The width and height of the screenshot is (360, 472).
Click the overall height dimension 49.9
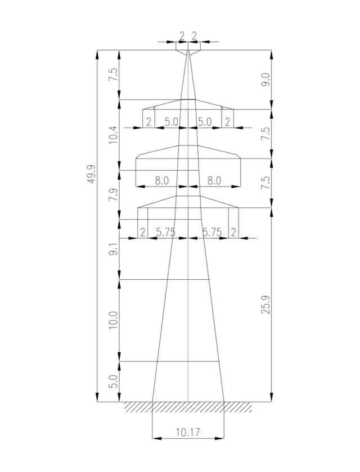pos(92,174)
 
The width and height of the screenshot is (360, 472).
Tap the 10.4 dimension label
pos(113,134)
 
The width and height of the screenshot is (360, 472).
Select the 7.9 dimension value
pos(113,195)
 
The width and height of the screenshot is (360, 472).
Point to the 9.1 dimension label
pos(113,249)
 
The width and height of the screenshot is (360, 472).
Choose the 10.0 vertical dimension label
pos(113,320)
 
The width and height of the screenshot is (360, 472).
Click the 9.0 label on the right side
pos(265,80)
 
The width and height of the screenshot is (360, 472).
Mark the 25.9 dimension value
pos(265,305)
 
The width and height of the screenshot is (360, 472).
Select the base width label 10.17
pos(188,433)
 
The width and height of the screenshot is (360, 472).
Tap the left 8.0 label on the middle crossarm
pos(162,181)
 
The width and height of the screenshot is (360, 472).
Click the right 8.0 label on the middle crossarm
pos(214,181)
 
